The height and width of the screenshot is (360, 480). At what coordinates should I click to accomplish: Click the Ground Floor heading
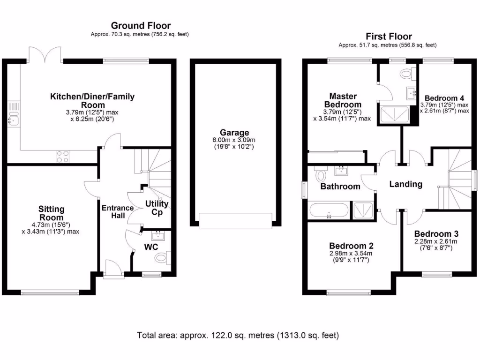[x=141, y=26]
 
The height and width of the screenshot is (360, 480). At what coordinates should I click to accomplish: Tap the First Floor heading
[x=389, y=37]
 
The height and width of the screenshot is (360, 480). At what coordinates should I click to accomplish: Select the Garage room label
[x=235, y=133]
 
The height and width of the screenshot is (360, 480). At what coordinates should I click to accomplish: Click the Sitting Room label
[x=52, y=213]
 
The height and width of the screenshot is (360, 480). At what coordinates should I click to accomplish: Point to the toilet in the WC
[x=162, y=257]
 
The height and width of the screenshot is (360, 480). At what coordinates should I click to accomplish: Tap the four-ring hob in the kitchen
[x=62, y=156]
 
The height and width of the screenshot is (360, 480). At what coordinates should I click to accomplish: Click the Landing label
[x=406, y=184]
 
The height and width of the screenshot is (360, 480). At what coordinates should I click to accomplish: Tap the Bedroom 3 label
[x=436, y=233]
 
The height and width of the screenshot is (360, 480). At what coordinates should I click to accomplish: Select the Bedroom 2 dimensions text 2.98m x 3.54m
[x=351, y=254]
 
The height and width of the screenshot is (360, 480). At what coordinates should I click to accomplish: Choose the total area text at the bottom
[x=238, y=336]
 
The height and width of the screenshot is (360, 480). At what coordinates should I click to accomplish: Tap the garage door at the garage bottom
[x=235, y=220]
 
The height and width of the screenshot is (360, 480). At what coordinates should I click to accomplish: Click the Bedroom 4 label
[x=444, y=98]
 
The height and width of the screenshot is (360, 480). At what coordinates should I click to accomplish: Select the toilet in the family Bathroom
[x=322, y=174]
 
